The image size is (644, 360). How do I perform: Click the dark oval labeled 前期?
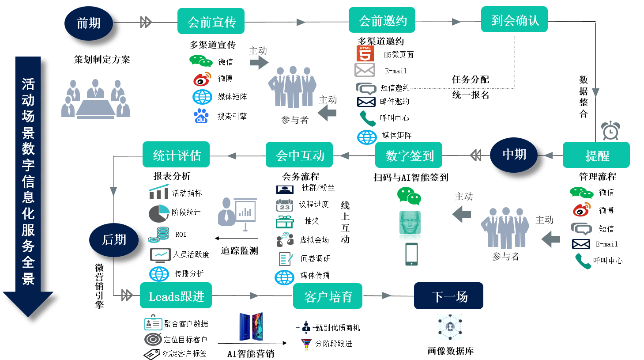click(89, 23)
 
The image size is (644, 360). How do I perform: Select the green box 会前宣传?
click(211, 21)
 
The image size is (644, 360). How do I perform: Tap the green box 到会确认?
click(514, 19)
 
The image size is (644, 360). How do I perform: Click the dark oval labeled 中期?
click(514, 155)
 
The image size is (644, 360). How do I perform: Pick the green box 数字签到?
click(409, 155)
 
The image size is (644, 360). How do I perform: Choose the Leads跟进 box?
click(176, 296)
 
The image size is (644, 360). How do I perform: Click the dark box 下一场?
click(448, 296)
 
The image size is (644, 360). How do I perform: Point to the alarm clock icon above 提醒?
click(610, 130)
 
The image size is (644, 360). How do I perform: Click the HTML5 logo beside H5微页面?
click(365, 54)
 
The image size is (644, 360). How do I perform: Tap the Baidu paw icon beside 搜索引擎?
click(201, 116)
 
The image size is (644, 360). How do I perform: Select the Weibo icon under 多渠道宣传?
click(202, 79)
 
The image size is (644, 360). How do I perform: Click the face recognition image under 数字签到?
click(410, 223)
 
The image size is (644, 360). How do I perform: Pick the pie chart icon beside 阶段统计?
click(158, 213)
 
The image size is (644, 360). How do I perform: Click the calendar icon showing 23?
click(284, 205)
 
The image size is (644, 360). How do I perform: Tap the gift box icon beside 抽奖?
click(285, 222)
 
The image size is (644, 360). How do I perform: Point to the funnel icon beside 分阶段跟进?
click(306, 344)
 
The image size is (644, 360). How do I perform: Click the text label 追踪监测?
click(239, 251)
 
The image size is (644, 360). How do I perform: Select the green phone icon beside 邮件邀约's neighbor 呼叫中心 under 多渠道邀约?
click(367, 118)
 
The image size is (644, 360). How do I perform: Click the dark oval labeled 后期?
click(114, 240)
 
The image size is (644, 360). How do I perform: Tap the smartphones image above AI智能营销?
click(251, 327)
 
